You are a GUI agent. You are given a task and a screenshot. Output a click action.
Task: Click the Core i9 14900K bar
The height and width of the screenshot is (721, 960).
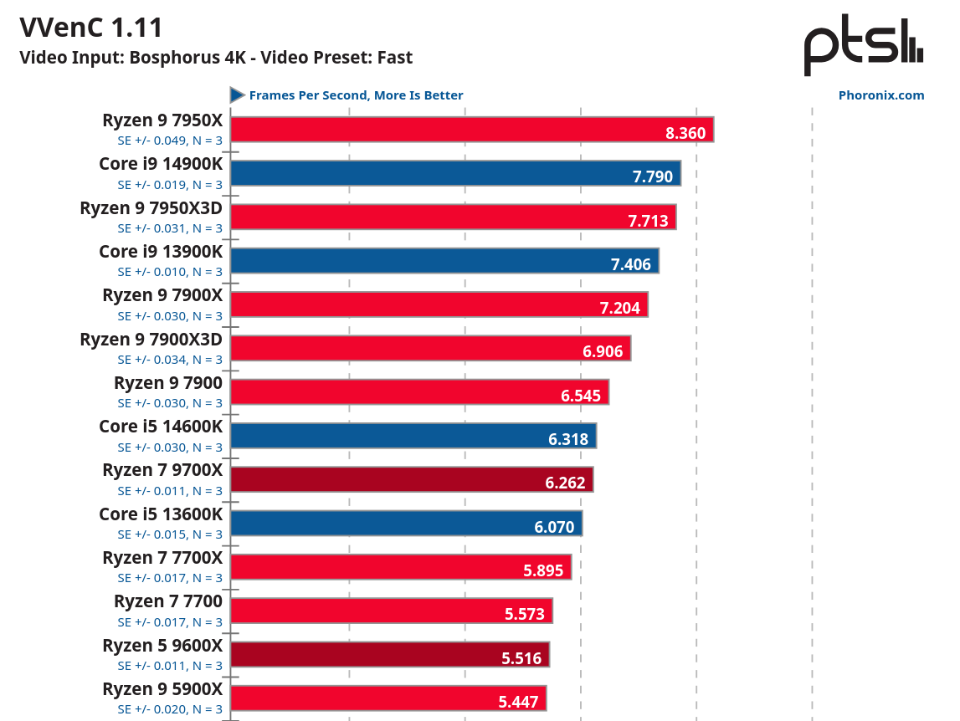click(455, 173)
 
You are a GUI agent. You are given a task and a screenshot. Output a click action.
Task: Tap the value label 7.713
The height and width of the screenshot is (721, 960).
click(648, 221)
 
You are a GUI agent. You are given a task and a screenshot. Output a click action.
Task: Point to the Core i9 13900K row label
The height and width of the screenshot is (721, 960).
click(161, 251)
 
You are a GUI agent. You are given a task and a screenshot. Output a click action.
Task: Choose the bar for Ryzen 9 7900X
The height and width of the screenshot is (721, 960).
click(439, 304)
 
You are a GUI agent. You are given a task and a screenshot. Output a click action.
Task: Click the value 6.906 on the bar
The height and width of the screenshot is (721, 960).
click(603, 351)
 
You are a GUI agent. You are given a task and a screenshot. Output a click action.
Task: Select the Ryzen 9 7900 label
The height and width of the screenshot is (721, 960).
click(168, 383)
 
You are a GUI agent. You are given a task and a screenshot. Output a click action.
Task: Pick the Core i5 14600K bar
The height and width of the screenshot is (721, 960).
click(413, 436)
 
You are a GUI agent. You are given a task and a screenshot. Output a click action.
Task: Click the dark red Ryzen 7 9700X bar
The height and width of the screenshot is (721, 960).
click(411, 479)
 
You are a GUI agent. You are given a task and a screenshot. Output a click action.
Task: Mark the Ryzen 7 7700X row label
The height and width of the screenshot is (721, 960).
click(162, 557)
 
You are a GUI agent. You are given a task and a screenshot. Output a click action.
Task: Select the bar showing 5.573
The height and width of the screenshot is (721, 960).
click(391, 611)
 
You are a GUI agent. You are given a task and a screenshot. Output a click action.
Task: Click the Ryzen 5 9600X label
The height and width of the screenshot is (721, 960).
click(162, 645)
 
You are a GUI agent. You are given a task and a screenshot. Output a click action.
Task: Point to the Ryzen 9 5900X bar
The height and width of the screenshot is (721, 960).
click(388, 698)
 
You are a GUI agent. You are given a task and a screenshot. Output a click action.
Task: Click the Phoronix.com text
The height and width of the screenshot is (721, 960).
click(880, 95)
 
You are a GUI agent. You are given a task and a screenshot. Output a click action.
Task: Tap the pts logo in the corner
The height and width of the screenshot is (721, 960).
click(863, 46)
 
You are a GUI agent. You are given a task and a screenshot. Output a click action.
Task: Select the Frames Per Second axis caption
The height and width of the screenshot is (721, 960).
click(356, 95)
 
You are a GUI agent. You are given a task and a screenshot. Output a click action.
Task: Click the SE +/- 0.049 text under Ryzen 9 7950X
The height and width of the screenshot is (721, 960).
click(170, 141)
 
